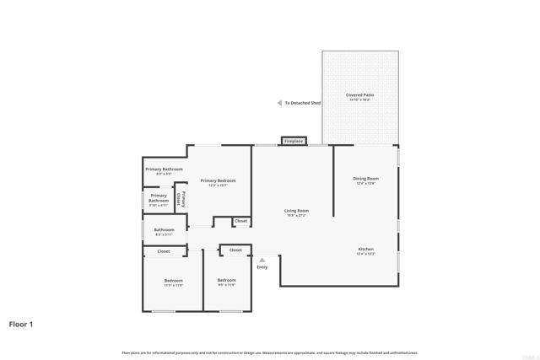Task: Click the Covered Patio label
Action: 360,95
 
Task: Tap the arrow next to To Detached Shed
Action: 280,103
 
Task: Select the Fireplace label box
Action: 294,141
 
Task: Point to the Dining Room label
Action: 365,179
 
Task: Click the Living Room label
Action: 297,211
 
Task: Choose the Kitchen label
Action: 365,250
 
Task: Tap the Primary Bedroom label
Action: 218,181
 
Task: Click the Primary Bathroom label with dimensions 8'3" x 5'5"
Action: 164,170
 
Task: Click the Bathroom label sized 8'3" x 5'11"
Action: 164,230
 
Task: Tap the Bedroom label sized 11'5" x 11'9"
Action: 173,281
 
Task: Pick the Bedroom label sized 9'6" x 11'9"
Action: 226,281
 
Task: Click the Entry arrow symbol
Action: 262,260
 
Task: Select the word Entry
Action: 262,267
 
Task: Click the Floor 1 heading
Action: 21,324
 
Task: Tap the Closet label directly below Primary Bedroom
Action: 240,221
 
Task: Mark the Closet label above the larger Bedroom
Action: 164,251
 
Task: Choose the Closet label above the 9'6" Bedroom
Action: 235,250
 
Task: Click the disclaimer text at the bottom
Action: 270,352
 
